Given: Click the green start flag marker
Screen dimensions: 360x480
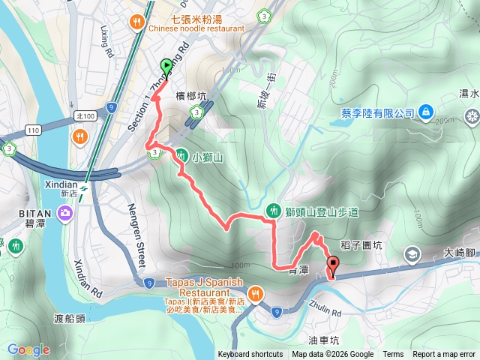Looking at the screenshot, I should pos(166,67).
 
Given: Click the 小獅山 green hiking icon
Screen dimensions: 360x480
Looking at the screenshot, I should pos(181,156).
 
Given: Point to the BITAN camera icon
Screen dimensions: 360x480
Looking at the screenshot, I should pos(66,213).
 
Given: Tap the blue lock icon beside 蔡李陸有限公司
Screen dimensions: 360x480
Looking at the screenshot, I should pos(425,112).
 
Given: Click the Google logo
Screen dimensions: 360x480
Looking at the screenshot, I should pos(28,349).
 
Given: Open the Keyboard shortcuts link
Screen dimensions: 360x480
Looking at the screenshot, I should pos(250,355).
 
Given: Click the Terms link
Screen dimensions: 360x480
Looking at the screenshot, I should pos(393,355).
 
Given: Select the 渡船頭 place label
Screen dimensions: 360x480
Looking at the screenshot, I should pos(69,317).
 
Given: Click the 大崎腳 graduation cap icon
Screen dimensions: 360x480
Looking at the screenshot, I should pos(412,255).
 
